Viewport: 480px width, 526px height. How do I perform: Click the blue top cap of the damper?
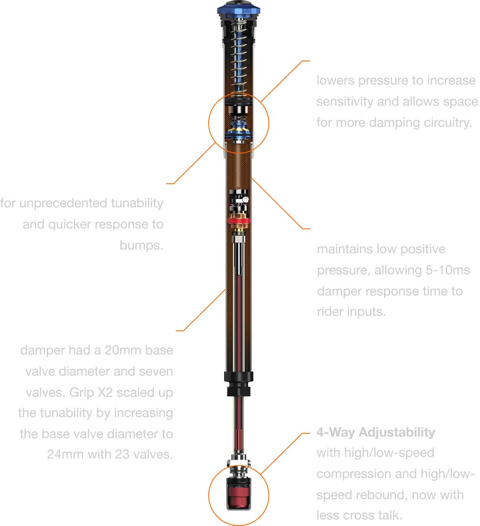point(238,10)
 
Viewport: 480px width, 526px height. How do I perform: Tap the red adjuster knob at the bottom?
point(238,496)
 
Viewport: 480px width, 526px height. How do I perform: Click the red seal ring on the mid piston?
point(239,221)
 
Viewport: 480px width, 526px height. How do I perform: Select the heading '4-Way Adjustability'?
point(375,432)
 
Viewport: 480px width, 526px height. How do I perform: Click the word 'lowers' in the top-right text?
point(336,80)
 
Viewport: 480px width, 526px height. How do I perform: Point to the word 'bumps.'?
point(142,246)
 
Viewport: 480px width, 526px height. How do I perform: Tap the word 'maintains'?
point(345,249)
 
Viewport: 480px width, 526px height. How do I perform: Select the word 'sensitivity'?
point(345,102)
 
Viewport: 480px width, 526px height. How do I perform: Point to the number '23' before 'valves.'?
point(122,454)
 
